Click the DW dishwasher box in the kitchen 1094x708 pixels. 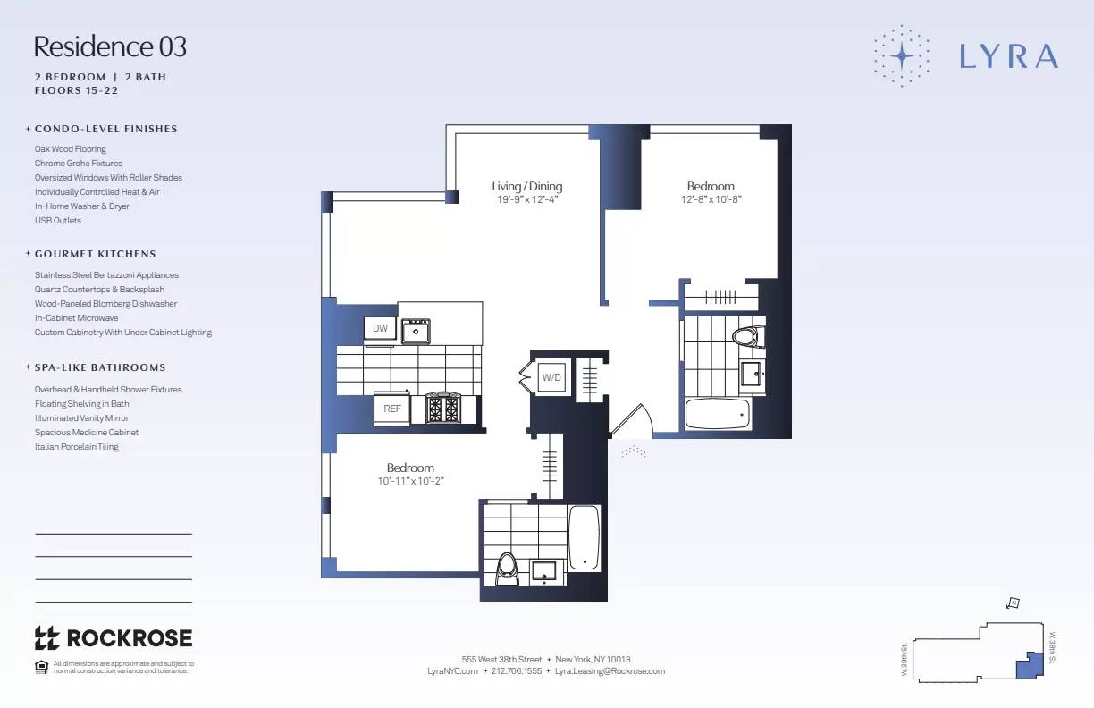tap(380, 328)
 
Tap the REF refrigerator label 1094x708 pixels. tap(392, 408)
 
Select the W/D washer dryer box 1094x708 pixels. tap(552, 377)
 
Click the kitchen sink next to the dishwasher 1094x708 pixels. tap(416, 332)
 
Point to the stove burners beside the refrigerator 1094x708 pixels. tap(442, 409)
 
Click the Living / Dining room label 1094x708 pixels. tap(527, 186)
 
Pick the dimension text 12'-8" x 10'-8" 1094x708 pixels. tap(711, 199)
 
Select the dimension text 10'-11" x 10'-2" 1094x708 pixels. tap(410, 481)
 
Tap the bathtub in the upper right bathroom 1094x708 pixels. tap(717, 414)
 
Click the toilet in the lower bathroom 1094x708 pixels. tap(507, 568)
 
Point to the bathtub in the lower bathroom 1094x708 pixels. tap(585, 537)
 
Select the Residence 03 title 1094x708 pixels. tap(110, 46)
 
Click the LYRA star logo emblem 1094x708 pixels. tap(902, 55)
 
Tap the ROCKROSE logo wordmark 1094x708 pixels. tap(114, 637)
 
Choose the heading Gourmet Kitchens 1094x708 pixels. tap(95, 254)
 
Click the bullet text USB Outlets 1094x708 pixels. tap(58, 221)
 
